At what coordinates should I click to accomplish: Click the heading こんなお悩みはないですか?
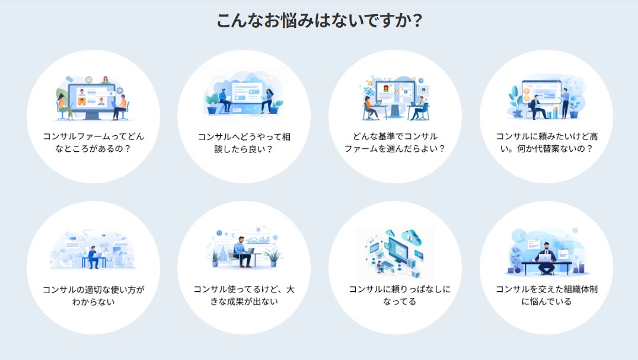click(319, 21)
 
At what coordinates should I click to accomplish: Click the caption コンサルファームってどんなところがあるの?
click(93, 142)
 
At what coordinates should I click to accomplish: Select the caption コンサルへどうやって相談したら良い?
click(244, 142)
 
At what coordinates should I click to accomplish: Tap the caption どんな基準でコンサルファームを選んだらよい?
click(395, 142)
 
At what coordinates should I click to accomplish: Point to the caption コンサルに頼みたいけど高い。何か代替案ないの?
click(546, 142)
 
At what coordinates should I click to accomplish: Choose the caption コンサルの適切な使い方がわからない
click(93, 295)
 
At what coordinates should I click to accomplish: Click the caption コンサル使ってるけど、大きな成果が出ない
click(244, 295)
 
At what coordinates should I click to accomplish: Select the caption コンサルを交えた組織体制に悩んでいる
click(546, 295)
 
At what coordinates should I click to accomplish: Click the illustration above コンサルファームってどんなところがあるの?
click(93, 98)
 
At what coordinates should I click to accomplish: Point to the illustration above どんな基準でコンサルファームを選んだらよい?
click(395, 98)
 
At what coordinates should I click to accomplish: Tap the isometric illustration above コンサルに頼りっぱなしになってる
click(395, 252)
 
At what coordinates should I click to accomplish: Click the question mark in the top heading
click(417, 21)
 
